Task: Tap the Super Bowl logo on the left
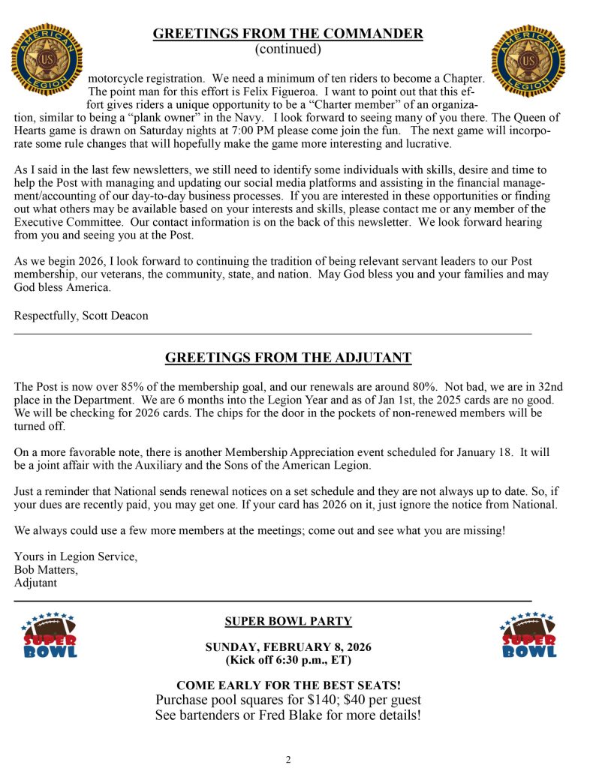click(x=49, y=635)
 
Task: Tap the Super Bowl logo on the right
click(x=529, y=635)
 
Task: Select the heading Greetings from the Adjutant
click(x=288, y=358)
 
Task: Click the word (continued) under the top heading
click(x=288, y=49)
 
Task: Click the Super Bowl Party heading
click(x=288, y=621)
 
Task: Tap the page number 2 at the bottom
click(x=288, y=759)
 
